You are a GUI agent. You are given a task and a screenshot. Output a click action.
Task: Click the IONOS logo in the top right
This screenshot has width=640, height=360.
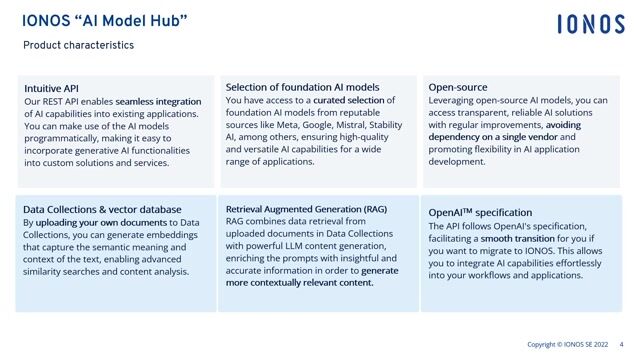pos(591,24)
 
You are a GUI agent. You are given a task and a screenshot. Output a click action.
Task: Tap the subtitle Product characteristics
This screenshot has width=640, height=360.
pos(78,45)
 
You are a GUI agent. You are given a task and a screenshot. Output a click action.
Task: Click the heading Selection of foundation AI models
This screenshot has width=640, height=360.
pos(302,87)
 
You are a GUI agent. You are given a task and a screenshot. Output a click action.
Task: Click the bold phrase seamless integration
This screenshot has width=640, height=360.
pos(158,102)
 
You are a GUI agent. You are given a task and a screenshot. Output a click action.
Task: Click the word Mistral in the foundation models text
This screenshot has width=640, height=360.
pos(358,125)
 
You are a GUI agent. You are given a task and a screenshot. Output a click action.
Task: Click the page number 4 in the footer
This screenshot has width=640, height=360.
pos(622,345)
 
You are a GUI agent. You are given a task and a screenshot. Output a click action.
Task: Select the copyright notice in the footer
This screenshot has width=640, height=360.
pos(567,345)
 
